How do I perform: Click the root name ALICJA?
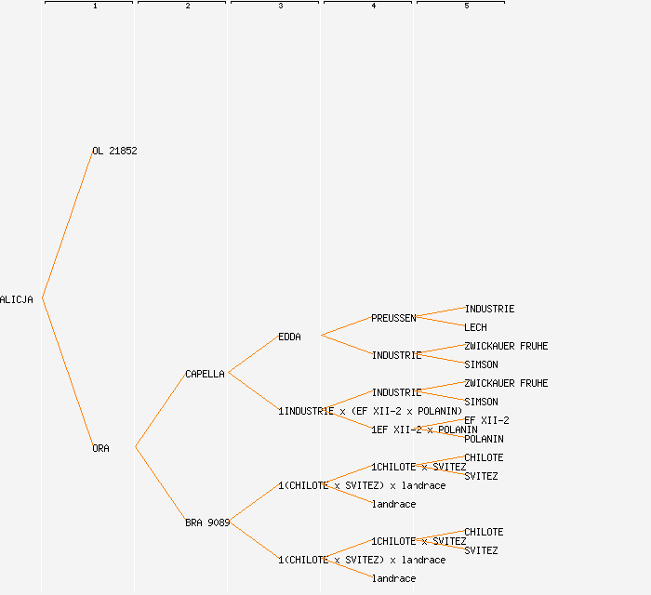pos(17,299)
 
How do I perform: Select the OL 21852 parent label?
pos(114,151)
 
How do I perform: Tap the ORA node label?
pos(100,448)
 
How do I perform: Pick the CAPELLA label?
pos(205,374)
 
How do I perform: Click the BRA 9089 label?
pos(207,522)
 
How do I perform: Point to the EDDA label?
pos(289,337)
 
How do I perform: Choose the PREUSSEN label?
pos(393,318)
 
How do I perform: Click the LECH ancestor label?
pos(475,327)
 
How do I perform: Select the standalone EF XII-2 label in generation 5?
pos(486,420)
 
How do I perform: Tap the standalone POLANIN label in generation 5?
pos(484,439)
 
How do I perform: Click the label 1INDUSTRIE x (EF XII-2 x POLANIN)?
pos(370,411)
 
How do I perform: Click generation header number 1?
pos(95,7)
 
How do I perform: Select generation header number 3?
pos(281,7)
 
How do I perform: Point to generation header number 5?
pos(467,7)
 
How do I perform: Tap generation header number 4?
pos(374,7)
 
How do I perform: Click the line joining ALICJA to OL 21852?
pos(67,224)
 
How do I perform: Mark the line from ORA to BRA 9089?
pos(160,484)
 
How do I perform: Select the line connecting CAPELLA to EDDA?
pos(253,354)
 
